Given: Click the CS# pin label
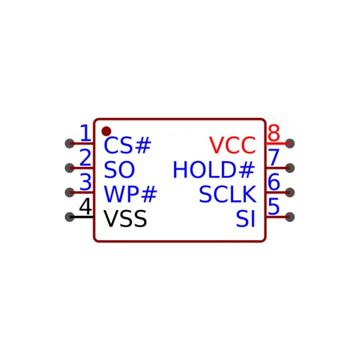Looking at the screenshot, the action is [128, 145].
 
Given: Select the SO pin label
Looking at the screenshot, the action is [119, 170].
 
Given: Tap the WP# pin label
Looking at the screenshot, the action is [130, 194].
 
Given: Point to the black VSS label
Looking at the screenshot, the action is [125, 219].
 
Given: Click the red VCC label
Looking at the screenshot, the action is [232, 145].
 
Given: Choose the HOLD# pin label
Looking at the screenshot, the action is [214, 170].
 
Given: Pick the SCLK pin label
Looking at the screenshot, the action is [228, 194].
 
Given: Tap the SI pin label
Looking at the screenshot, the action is [245, 219].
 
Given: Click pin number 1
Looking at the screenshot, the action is [86, 133].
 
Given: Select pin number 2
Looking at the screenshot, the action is [85, 157].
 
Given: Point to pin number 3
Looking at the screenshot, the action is [85, 182].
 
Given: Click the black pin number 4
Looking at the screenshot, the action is [85, 206].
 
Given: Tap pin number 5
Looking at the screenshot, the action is [274, 206].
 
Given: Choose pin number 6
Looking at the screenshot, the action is [274, 182].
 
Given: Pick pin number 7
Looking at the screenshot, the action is [274, 157].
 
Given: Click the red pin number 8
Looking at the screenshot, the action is [274, 133].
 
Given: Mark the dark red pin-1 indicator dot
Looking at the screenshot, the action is [106, 132].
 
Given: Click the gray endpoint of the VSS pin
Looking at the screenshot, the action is [69, 217].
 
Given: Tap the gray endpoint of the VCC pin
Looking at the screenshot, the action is [290, 143].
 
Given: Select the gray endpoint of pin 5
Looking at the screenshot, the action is [290, 217].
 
